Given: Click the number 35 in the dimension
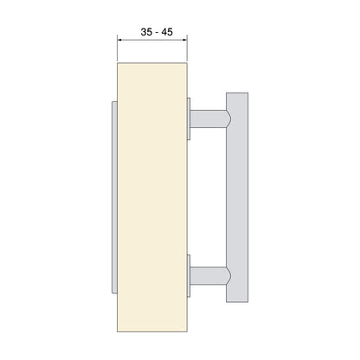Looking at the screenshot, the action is tap(146, 32).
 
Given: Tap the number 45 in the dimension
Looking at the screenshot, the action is tap(167, 32).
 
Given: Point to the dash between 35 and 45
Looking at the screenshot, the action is tap(157, 33).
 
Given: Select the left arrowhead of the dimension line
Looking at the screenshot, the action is tap(119, 40).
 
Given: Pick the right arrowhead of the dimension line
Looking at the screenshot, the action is tap(185, 40).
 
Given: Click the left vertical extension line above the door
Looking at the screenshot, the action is tap(117, 48).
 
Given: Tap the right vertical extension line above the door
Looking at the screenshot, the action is tap(187, 48).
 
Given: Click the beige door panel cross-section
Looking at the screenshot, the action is tap(152, 197).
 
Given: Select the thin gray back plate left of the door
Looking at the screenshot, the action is tap(114, 197).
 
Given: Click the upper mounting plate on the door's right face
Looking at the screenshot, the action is tap(189, 119).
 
